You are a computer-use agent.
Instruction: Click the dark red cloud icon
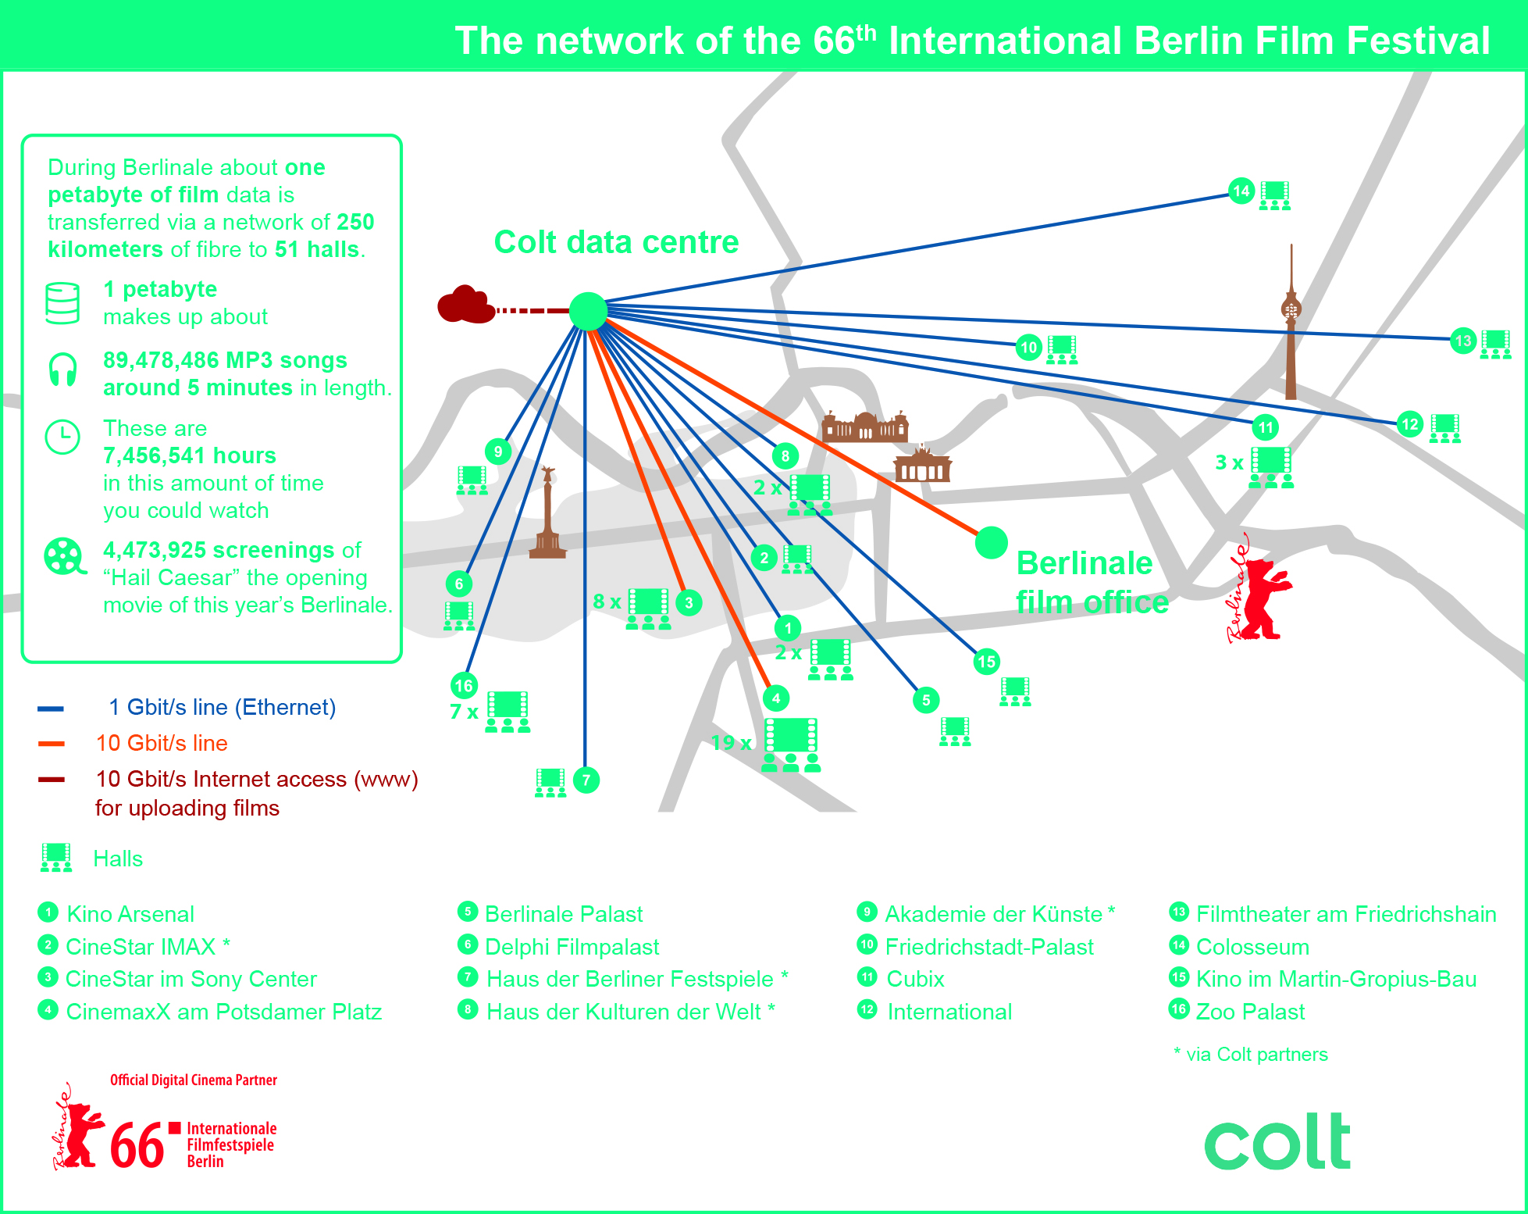coord(465,305)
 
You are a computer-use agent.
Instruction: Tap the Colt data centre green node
coord(588,312)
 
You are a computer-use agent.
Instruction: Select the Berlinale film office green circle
coord(991,542)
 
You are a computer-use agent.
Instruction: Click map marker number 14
coord(1241,191)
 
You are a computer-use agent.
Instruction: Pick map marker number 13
coord(1462,341)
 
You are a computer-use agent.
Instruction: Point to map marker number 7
coord(586,780)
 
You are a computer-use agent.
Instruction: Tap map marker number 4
coord(775,698)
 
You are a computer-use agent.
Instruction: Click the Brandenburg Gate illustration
coord(922,465)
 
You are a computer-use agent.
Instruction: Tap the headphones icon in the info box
coord(62,370)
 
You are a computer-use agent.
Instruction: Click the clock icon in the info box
coord(62,437)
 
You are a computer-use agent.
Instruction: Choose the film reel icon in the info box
coord(64,556)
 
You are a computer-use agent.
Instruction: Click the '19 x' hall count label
coord(731,742)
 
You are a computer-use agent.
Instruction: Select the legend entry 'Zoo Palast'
coord(1249,1012)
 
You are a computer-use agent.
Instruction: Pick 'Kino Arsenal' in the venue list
coord(130,914)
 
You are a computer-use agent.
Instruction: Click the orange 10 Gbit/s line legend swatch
coord(52,744)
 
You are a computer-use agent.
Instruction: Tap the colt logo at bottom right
coord(1277,1142)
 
